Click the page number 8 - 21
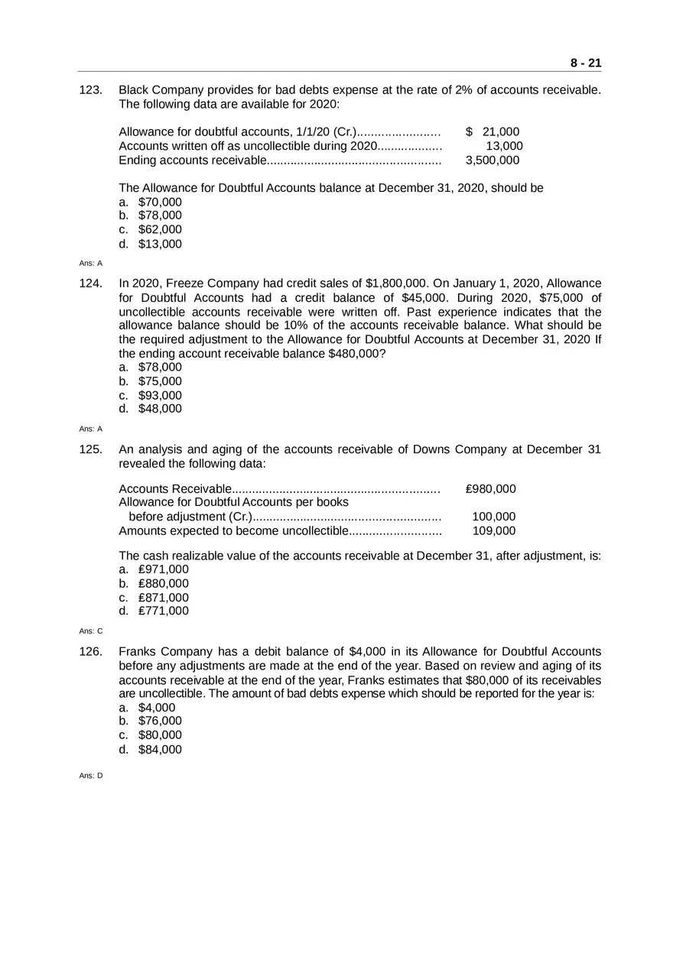(x=585, y=63)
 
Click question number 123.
(x=91, y=90)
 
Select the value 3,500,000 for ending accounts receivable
(x=492, y=160)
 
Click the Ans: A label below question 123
(x=90, y=263)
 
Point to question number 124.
(x=91, y=284)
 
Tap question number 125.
(x=91, y=449)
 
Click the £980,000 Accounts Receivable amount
(x=490, y=489)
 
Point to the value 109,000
(x=493, y=530)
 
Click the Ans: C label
(x=90, y=631)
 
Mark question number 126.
(x=91, y=652)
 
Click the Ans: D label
(x=90, y=776)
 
